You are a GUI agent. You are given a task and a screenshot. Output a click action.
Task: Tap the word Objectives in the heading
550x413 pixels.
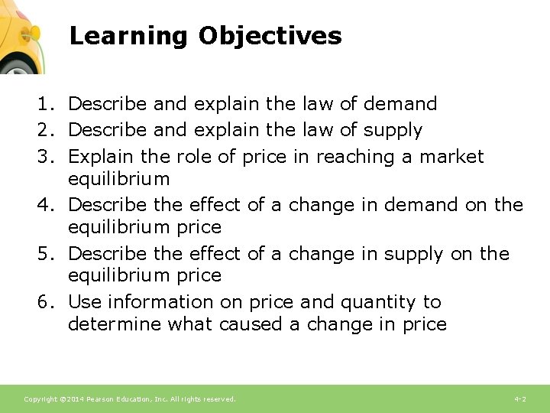270,36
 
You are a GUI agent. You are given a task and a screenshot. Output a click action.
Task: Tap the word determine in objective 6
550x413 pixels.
115,324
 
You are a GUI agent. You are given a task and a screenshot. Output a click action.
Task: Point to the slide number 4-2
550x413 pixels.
520,399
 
